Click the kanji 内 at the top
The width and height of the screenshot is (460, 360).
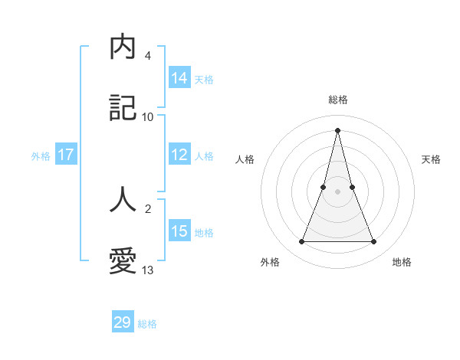123,47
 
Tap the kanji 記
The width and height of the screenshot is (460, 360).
123,109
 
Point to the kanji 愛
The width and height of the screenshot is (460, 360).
123,261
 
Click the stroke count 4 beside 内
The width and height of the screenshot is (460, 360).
148,56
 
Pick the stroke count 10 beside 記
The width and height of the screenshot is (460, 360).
148,117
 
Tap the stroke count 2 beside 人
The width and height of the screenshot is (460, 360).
148,208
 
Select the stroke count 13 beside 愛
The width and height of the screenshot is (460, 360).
148,270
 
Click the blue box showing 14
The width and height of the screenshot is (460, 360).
179,78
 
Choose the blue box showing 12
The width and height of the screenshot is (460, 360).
179,155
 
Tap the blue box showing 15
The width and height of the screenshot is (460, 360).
179,231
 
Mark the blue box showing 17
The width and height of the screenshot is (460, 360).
66,155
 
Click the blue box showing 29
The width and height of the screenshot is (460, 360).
123,322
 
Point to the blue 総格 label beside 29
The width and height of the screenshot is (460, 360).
147,324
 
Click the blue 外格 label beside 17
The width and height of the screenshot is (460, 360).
41,156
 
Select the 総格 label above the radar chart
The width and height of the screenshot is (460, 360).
337,100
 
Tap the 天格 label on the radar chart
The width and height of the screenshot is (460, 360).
431,159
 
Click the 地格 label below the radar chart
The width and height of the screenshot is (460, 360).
402,262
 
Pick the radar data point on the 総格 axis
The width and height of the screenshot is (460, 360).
337,129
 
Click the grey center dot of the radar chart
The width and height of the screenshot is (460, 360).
337,191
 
